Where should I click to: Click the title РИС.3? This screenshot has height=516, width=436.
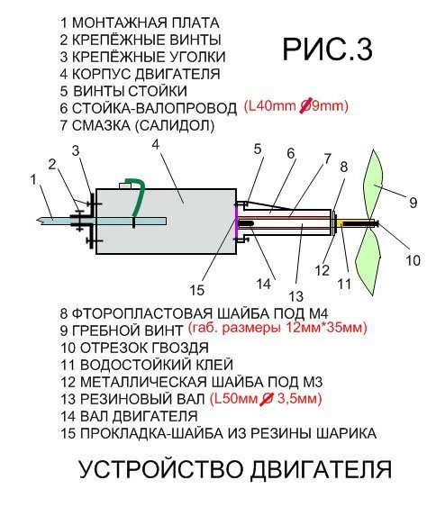pos(327,50)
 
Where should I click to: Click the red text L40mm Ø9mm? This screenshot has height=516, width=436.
pos(296,106)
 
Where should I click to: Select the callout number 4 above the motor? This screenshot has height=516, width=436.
pos(156,145)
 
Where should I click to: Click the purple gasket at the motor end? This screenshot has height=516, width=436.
pos(236,221)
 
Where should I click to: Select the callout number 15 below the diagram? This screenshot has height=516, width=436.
pos(196,290)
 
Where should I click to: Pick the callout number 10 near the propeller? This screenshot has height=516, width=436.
pos(413,260)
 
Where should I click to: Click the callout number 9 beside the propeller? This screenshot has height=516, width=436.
pos(413,203)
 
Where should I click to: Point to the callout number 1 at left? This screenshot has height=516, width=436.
pos(33,180)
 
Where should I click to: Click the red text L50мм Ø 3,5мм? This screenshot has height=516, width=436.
pos(266,399)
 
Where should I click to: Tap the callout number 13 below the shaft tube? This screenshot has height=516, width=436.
pos(295,296)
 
